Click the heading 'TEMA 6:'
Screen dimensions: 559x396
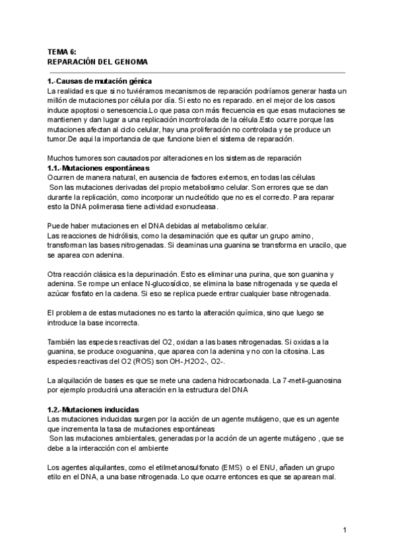[x=63, y=51]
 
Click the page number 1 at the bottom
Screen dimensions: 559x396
[x=345, y=529]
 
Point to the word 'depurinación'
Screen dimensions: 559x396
[x=173, y=274]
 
